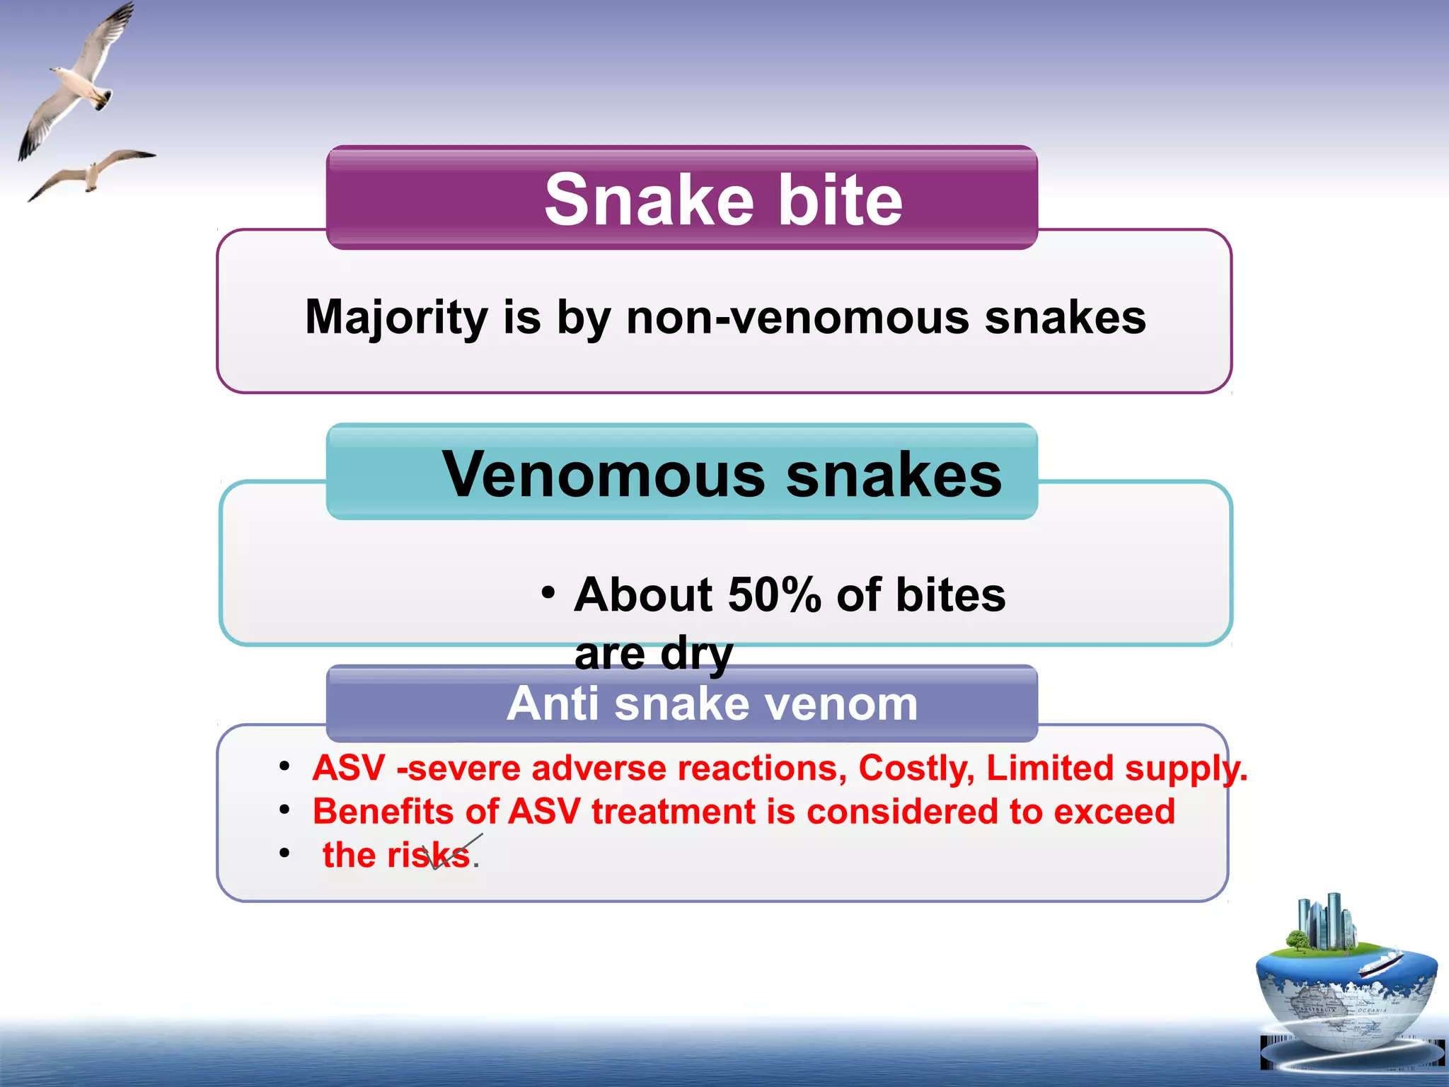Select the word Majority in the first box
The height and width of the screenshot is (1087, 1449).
(x=396, y=318)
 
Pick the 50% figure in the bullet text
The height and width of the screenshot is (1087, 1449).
(x=774, y=595)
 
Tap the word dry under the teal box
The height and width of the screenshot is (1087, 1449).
(x=696, y=654)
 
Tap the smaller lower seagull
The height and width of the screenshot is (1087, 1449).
(x=92, y=172)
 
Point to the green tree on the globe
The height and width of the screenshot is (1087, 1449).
(x=1297, y=941)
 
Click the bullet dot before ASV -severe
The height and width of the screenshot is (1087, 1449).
(x=284, y=766)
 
